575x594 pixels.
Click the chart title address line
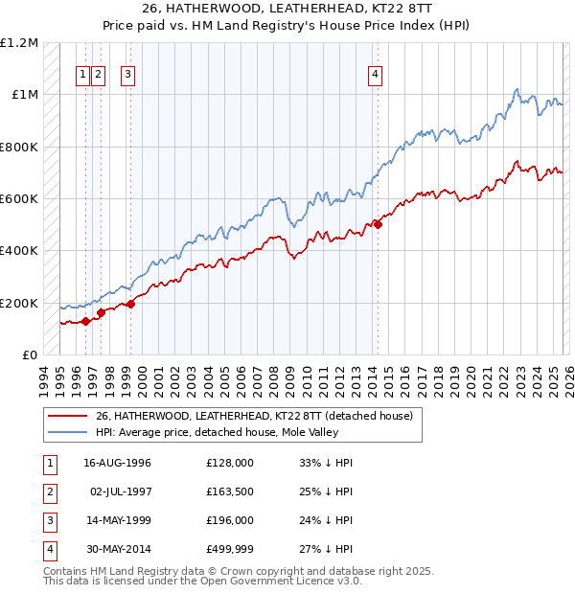pos(287,9)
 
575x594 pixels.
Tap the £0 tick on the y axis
pos(31,354)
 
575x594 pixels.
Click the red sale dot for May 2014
pos(378,225)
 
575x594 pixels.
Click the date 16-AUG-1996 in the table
pos(117,463)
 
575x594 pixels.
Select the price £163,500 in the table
pos(229,491)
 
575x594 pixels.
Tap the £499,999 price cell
pos(229,549)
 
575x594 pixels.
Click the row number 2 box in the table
pos(48,491)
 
